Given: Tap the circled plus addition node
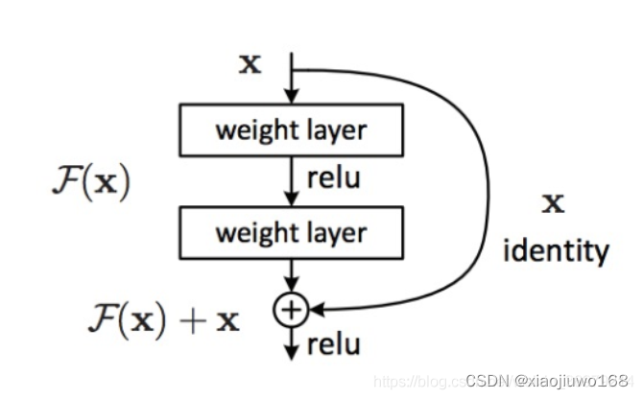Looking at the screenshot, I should click(289, 309).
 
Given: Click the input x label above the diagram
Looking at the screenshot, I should click(249, 65).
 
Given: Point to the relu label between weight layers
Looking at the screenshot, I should click(332, 179).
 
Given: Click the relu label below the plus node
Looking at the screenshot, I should click(334, 343).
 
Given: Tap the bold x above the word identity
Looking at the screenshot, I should click(553, 204).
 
